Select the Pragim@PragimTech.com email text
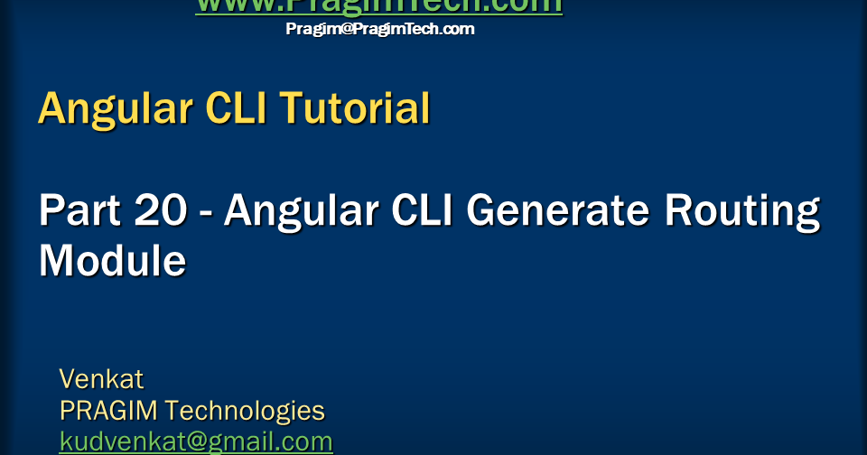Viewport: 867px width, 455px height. click(x=379, y=29)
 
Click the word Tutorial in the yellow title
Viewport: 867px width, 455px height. click(x=354, y=109)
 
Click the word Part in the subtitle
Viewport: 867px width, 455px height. click(x=79, y=211)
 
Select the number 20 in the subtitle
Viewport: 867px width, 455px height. click(x=160, y=211)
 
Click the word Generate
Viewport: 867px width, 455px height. click(x=561, y=211)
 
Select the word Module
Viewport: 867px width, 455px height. click(x=113, y=261)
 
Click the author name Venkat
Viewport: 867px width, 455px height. click(x=101, y=377)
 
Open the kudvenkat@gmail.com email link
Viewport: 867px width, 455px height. click(x=196, y=442)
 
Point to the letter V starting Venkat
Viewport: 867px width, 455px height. click(x=67, y=377)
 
